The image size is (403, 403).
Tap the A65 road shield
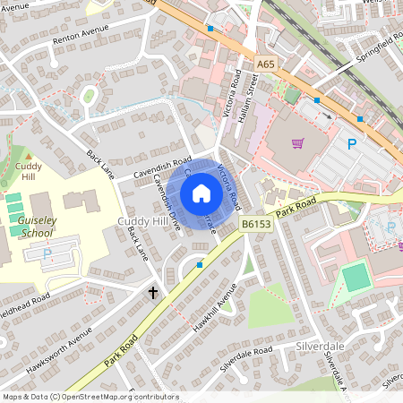265,64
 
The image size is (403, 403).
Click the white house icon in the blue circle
201,193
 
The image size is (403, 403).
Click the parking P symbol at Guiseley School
47,253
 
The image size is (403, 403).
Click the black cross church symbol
153,292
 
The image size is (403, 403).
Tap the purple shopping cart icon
297,142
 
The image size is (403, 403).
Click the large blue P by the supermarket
352,143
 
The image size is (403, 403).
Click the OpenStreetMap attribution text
90,396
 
